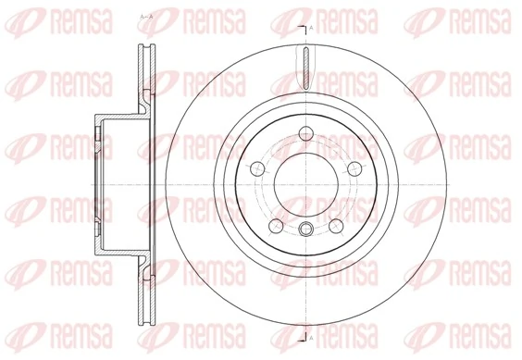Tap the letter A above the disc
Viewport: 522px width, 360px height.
312,31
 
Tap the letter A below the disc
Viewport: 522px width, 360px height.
312,329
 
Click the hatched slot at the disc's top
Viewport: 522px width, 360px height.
304,68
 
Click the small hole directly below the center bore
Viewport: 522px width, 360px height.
304,229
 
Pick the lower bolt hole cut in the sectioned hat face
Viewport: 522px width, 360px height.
96,228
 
